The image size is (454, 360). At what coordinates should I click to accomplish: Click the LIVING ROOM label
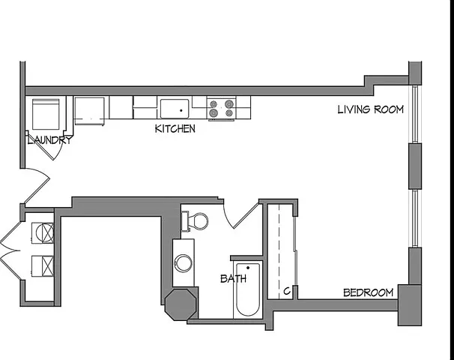[371, 109]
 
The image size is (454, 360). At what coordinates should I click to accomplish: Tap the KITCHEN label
[175, 129]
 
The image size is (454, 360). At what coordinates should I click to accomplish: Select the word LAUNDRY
[49, 140]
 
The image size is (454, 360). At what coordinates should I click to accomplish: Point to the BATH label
[234, 279]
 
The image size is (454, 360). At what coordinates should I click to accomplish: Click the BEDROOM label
[369, 292]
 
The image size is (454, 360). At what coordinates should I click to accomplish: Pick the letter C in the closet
[287, 291]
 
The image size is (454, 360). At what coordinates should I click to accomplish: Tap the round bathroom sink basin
[183, 263]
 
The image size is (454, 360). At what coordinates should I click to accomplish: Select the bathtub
[248, 289]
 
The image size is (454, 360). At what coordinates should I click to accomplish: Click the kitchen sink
[175, 109]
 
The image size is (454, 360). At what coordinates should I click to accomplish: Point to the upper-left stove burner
[214, 103]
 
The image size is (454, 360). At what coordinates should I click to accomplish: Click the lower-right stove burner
[229, 113]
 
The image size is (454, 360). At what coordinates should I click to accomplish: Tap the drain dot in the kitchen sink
[181, 110]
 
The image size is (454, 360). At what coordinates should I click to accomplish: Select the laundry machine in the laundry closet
[46, 114]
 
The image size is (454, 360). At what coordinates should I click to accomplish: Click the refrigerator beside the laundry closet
[89, 111]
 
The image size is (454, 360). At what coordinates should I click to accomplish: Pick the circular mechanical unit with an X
[43, 232]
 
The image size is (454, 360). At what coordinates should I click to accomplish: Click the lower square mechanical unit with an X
[43, 265]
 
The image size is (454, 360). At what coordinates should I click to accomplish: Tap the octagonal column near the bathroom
[181, 304]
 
